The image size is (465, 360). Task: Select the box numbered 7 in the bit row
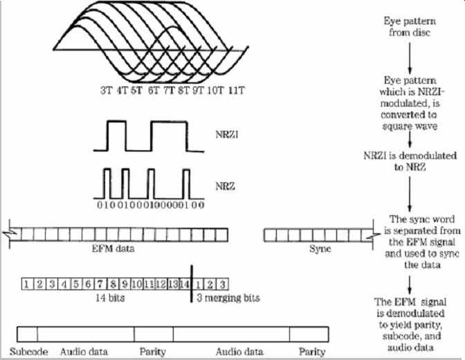100,283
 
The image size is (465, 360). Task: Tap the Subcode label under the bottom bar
29,352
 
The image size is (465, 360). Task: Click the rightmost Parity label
311,352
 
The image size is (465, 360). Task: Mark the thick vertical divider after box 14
190,283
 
